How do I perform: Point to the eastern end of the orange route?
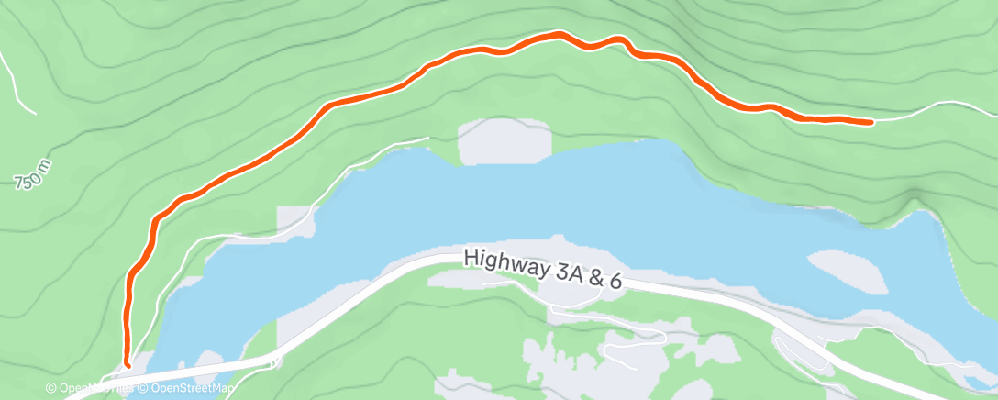[870, 121]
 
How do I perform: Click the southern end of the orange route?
[128, 364]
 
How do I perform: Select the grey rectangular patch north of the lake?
[505, 142]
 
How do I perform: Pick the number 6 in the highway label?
[615, 282]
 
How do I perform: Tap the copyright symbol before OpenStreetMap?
[142, 388]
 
